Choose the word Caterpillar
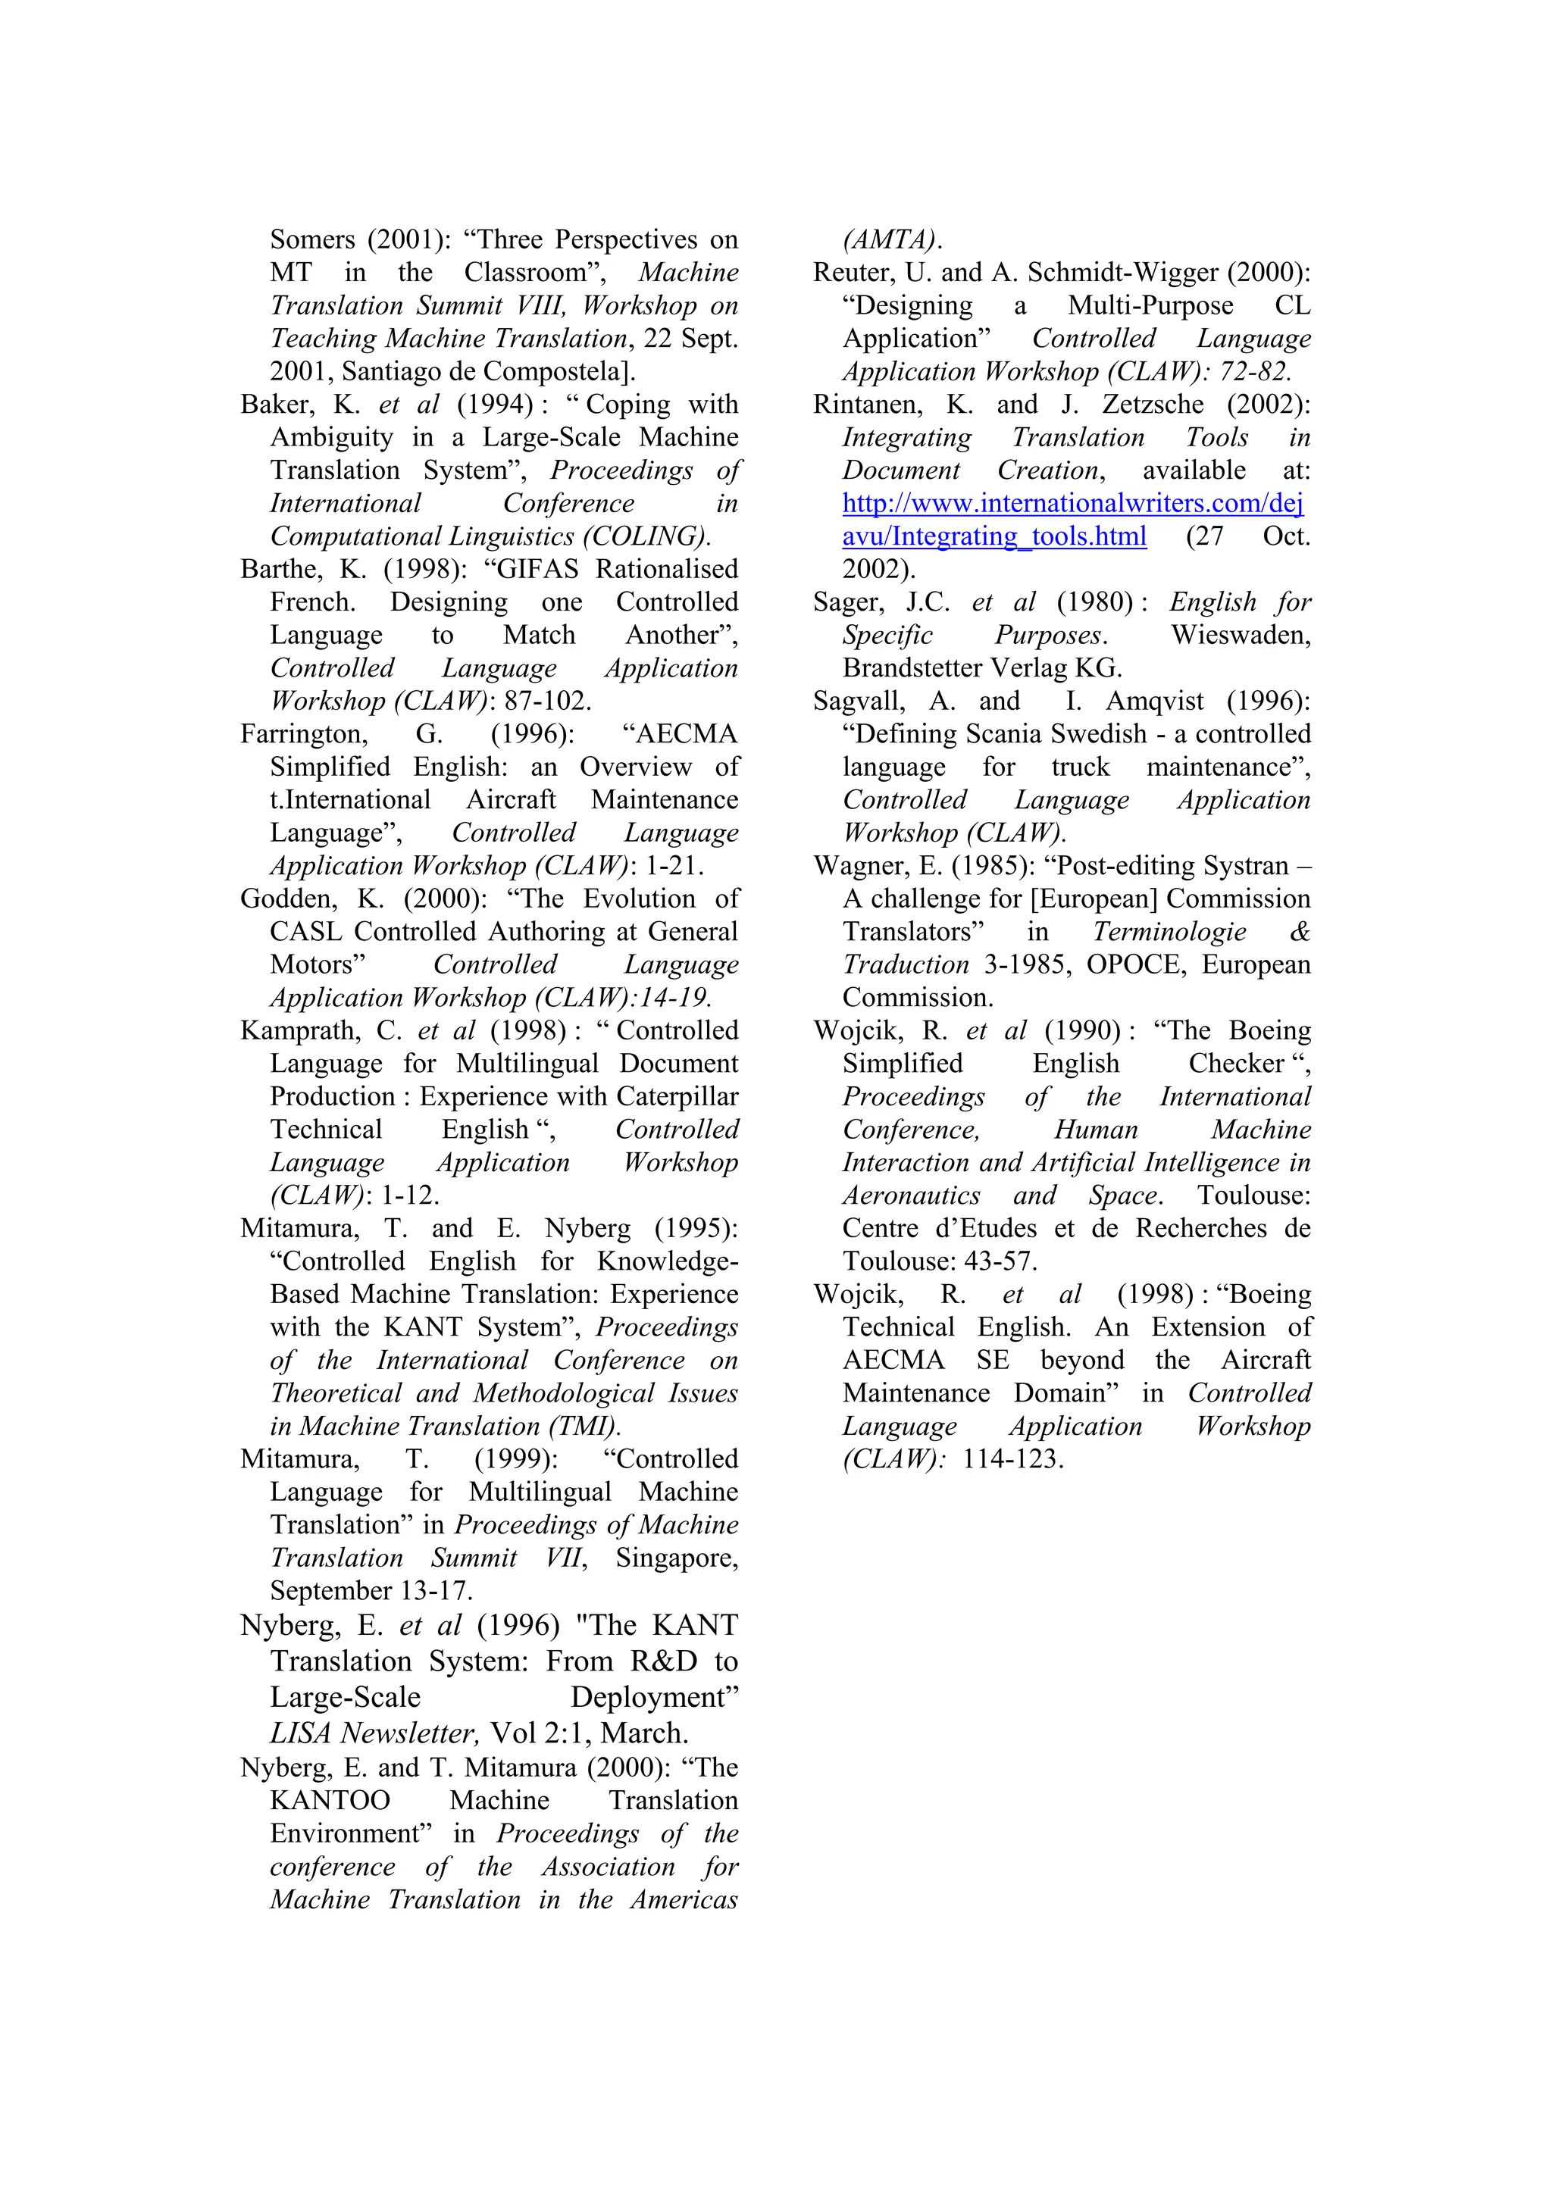pyautogui.click(x=677, y=1097)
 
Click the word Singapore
pyautogui.click(x=677, y=1558)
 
